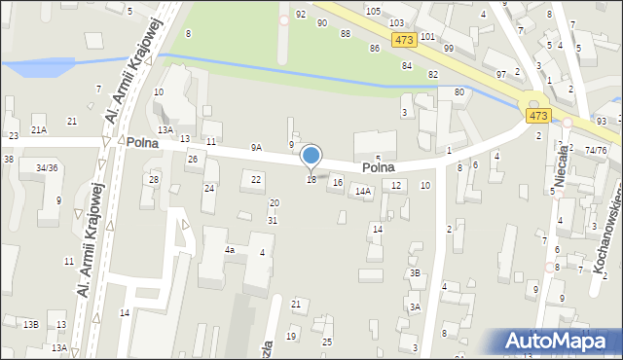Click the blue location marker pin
click(x=311, y=157)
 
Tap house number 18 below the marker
click(x=311, y=180)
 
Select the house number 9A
click(x=256, y=148)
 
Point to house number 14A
click(x=363, y=192)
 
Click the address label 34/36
click(x=46, y=167)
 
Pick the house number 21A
click(x=39, y=129)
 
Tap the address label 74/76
click(x=596, y=150)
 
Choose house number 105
click(x=373, y=10)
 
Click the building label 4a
click(x=230, y=250)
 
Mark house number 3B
click(x=415, y=273)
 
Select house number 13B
click(x=31, y=324)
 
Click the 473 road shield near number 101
click(x=406, y=40)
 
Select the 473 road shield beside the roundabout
click(x=538, y=115)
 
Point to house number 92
click(x=301, y=14)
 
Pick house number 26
click(x=193, y=159)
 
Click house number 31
click(x=274, y=220)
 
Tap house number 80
click(x=458, y=92)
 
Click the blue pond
click(x=39, y=68)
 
